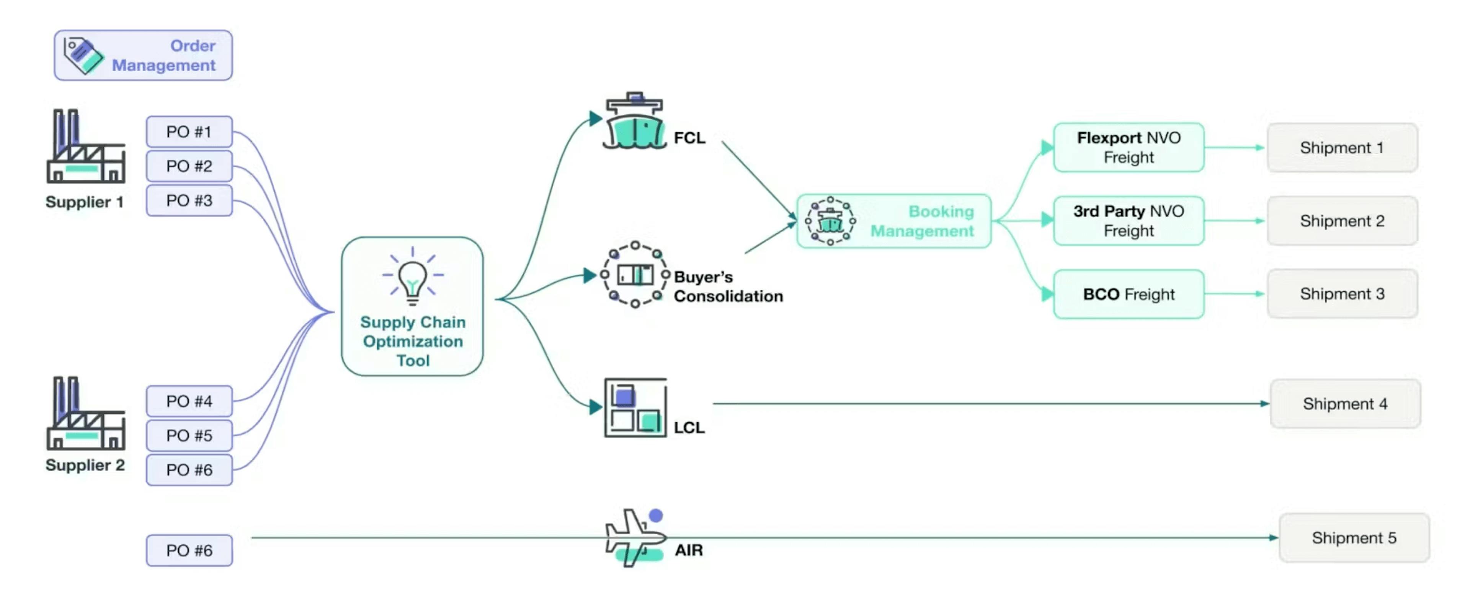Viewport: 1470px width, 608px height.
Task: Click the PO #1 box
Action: click(x=189, y=132)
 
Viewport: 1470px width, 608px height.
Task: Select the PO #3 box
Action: click(x=189, y=200)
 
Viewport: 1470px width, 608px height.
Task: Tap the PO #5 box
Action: click(x=189, y=436)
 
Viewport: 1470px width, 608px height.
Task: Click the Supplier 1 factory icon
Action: click(x=86, y=147)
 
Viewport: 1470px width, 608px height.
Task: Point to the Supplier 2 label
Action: click(x=85, y=465)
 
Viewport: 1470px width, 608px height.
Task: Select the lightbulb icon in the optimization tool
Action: click(x=413, y=278)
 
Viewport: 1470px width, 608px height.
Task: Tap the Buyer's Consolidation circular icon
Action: click(x=635, y=275)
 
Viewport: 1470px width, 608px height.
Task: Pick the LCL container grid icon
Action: click(x=635, y=408)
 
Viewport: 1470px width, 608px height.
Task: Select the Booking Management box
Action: click(x=893, y=221)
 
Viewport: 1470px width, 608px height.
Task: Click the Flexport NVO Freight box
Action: click(x=1128, y=147)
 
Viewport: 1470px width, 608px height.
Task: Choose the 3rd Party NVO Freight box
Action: click(x=1128, y=221)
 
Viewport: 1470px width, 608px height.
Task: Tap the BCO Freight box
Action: click(x=1128, y=294)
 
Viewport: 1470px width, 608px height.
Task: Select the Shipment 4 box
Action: click(x=1344, y=404)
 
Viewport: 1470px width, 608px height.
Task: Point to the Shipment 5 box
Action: click(x=1354, y=538)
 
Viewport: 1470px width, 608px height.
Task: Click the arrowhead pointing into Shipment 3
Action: click(x=1259, y=294)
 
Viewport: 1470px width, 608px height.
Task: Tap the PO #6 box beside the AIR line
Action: click(x=189, y=550)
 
